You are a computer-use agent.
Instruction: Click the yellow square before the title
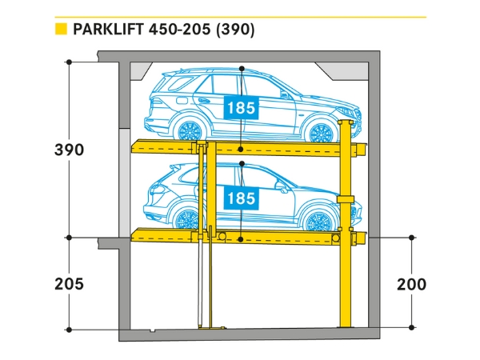click(59, 30)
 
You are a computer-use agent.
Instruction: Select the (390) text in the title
click(235, 30)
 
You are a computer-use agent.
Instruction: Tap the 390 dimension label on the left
click(70, 150)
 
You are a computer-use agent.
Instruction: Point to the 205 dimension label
click(70, 284)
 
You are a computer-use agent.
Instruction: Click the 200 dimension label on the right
click(410, 284)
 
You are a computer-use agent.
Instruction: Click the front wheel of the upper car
click(322, 130)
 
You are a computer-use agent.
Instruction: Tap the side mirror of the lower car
click(281, 188)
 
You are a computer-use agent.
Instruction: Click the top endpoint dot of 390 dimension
click(70, 62)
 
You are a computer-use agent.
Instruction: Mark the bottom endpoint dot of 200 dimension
click(411, 328)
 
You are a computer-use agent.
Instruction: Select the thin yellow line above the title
click(240, 17)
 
